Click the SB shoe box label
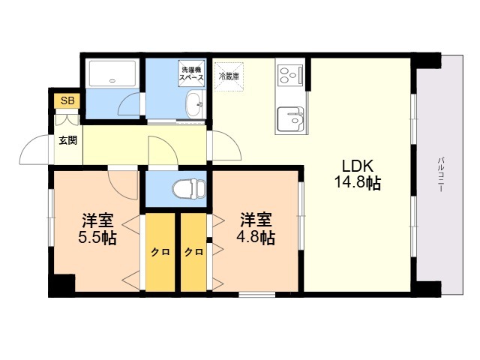click(x=67, y=100)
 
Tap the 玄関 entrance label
click(x=68, y=140)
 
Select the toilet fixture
click(x=189, y=189)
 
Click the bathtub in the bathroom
click(x=112, y=73)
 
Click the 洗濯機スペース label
click(x=191, y=73)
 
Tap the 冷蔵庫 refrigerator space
click(x=229, y=76)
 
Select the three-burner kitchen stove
click(x=290, y=75)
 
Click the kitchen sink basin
click(x=290, y=119)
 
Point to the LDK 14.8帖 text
click(x=357, y=175)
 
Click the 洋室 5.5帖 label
click(x=97, y=229)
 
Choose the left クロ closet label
click(x=160, y=252)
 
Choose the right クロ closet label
click(x=193, y=252)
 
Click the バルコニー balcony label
click(x=441, y=174)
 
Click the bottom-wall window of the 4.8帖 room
click(x=256, y=295)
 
